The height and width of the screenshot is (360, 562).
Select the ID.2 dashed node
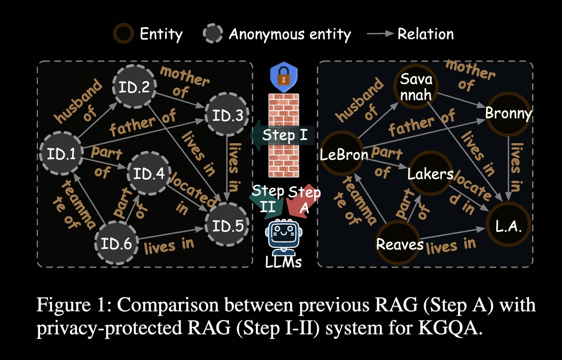click(x=134, y=88)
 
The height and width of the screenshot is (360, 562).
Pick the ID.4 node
click(x=148, y=174)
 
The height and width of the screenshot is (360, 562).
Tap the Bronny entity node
click(x=508, y=114)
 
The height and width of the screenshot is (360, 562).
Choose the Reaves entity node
click(x=400, y=244)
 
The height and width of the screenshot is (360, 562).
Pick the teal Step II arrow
click(x=265, y=199)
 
